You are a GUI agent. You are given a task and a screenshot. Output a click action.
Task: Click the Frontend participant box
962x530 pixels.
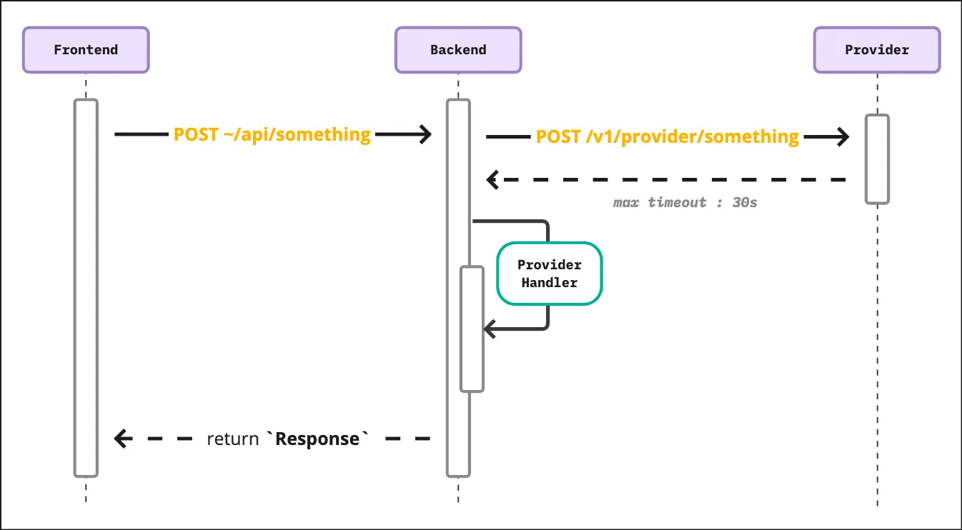86,50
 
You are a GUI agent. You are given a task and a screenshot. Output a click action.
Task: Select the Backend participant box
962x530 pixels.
458,50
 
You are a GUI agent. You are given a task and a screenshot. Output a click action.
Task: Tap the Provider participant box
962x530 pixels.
877,50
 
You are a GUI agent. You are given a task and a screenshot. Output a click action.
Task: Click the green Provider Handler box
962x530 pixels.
550,274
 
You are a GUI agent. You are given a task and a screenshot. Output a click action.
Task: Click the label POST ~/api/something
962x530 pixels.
272,134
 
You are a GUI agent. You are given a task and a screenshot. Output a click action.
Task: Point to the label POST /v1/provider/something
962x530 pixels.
668,136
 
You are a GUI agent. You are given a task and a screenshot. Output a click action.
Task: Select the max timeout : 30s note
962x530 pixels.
685,202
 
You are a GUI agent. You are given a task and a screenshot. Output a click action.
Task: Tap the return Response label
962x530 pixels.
289,439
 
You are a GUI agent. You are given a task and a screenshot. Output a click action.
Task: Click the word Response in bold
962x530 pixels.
317,439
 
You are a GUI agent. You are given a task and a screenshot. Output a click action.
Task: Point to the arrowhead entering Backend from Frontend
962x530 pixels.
426,134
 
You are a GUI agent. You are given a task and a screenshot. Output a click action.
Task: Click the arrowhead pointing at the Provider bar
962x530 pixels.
843,136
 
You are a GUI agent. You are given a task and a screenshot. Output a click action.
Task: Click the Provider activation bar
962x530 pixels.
877,159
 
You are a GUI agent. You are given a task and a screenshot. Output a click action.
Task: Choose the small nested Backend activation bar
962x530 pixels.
472,329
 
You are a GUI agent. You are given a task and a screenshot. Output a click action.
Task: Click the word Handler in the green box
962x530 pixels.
550,283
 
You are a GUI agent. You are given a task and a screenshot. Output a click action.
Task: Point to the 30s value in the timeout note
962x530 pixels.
745,202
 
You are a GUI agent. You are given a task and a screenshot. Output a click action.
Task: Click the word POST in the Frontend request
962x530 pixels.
193,134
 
